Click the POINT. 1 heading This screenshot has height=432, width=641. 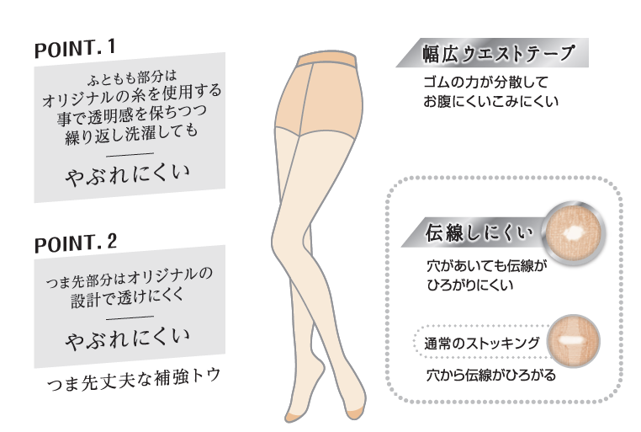[75, 47]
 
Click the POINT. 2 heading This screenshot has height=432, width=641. [75, 244]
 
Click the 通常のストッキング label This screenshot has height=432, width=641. [480, 343]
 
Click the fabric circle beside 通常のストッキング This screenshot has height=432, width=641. [575, 343]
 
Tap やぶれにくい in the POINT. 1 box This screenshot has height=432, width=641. [128, 175]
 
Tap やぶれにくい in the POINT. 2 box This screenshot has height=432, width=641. [128, 339]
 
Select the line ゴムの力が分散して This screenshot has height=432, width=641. [485, 84]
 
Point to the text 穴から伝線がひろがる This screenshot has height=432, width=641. [490, 375]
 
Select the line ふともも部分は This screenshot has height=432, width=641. [130, 77]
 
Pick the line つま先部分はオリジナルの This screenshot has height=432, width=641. [130, 275]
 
